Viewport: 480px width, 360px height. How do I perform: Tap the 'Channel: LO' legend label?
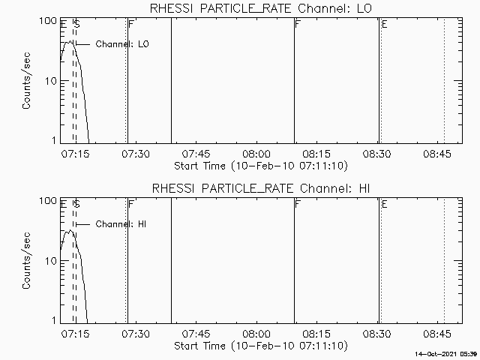point(122,44)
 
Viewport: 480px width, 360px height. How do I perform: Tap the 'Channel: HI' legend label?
point(120,224)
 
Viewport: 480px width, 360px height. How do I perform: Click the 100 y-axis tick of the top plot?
point(49,21)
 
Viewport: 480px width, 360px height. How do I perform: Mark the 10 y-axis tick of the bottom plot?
point(52,261)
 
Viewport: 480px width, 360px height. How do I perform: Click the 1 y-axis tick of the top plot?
point(55,141)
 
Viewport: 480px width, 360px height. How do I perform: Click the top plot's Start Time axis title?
point(259,165)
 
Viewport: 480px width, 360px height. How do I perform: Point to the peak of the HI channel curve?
point(68,229)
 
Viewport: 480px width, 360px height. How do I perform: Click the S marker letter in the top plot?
point(76,25)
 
